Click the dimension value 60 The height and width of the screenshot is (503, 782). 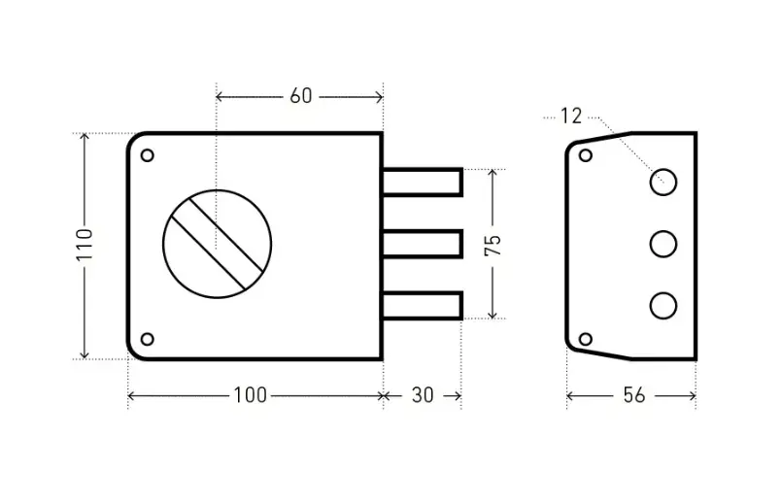(300, 96)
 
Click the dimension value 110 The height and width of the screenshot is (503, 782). (85, 246)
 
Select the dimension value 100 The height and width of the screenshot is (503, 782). (250, 395)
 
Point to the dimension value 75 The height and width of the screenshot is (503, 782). (493, 245)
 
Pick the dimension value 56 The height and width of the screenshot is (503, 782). (633, 395)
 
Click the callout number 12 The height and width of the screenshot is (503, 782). (570, 117)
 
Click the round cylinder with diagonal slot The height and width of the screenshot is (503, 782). (217, 239)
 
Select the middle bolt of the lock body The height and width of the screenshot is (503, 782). (422, 244)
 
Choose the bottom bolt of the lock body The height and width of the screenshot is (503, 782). (422, 305)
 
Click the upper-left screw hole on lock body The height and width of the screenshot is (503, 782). (148, 154)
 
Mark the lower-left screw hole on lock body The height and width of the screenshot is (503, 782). (148, 339)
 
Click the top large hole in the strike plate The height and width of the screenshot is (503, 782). (663, 181)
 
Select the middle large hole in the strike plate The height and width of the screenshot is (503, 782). (663, 243)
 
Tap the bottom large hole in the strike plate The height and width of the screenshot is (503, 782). (663, 305)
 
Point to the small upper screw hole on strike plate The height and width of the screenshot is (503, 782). (586, 154)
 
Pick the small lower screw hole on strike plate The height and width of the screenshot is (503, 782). (586, 338)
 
